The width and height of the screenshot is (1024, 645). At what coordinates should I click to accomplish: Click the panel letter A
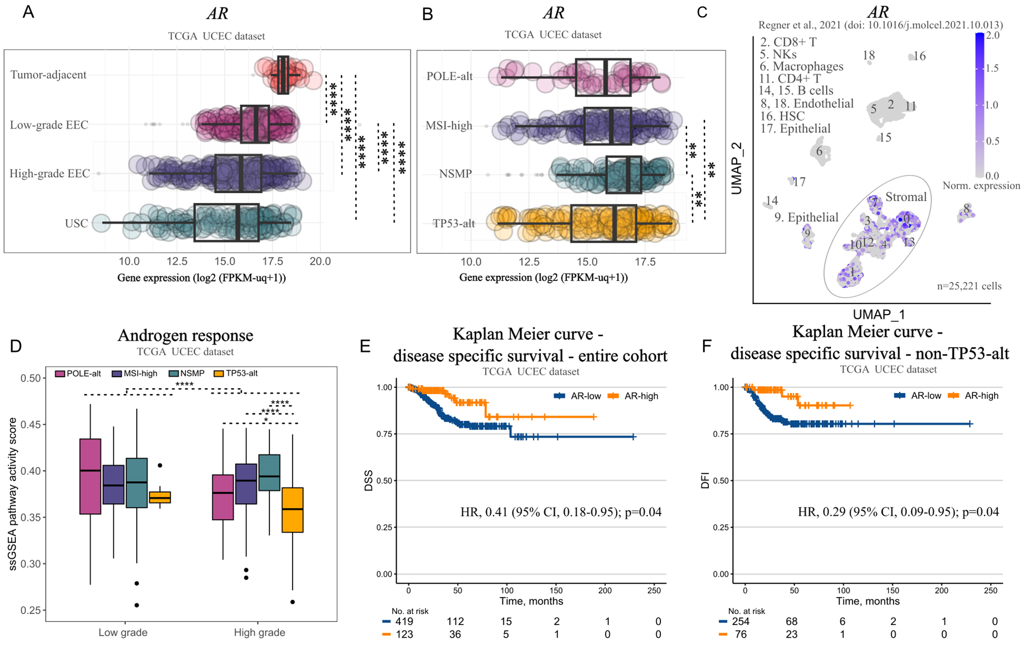coord(28,12)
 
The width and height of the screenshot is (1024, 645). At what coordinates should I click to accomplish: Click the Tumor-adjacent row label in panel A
coord(48,75)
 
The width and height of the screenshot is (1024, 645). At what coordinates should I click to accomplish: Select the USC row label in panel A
coord(76,223)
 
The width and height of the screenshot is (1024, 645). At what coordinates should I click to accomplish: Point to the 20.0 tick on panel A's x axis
coord(320,262)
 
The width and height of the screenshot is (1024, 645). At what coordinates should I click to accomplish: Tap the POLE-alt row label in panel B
coord(449,76)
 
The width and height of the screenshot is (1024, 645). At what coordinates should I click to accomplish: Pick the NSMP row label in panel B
coord(455,174)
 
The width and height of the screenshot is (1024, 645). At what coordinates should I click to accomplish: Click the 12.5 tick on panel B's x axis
coord(529,262)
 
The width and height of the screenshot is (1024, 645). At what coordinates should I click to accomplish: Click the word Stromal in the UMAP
coord(906,197)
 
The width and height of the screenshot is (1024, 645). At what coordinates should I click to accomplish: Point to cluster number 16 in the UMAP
coord(919,56)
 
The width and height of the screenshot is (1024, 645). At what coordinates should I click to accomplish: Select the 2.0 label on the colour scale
coord(992,35)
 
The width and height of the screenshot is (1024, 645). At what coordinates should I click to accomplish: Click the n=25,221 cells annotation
coord(969,286)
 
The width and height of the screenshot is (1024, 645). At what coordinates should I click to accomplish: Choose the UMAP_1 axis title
coord(878,314)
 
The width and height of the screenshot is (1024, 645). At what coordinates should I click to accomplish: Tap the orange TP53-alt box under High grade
coord(293,510)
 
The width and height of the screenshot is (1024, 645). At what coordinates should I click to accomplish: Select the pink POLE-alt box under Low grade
coord(90,476)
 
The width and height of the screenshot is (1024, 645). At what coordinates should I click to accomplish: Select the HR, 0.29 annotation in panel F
coord(898,512)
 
